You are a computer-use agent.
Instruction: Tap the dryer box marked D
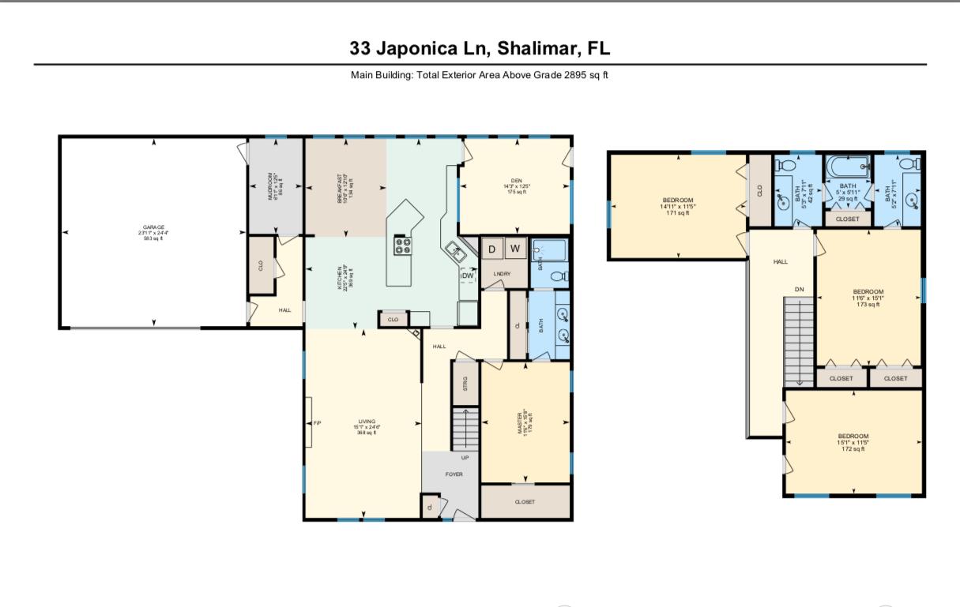pyautogui.click(x=491, y=249)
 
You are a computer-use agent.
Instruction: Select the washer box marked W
pyautogui.click(x=516, y=249)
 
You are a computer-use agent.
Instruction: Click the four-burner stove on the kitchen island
pyautogui.click(x=402, y=245)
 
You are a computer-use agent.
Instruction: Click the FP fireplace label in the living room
pyautogui.click(x=317, y=423)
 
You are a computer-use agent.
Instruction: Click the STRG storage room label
pyautogui.click(x=465, y=384)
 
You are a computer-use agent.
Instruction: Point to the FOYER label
pyautogui.click(x=453, y=474)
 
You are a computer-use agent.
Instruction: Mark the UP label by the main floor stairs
pyautogui.click(x=465, y=457)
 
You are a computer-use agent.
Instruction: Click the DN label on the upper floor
pyautogui.click(x=799, y=290)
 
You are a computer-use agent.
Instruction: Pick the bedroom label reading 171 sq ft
pyautogui.click(x=678, y=205)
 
